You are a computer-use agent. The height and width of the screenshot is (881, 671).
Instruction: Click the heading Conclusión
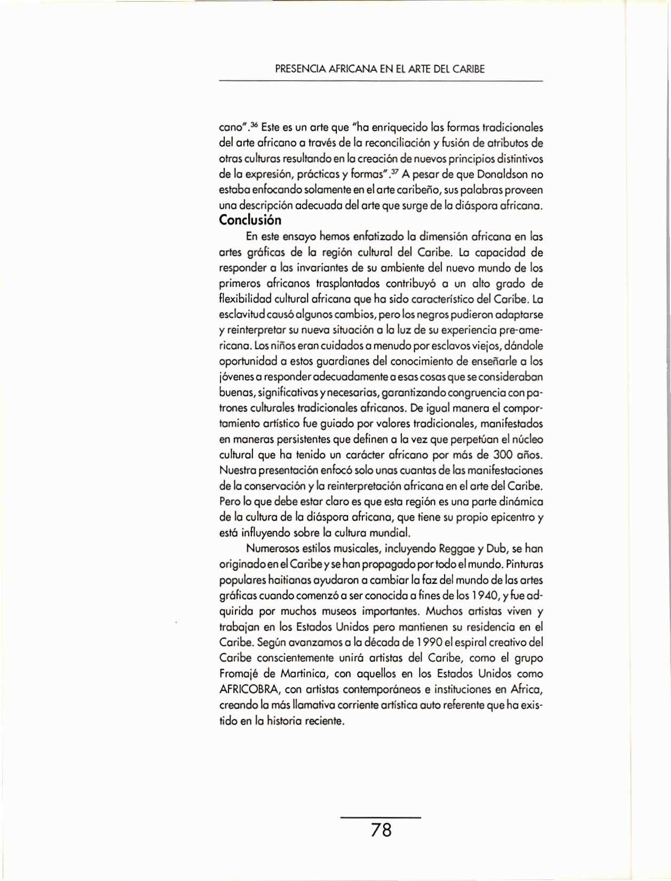250,220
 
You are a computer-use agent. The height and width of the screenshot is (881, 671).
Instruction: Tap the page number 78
381,830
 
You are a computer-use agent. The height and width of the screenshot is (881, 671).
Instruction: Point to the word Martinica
303,674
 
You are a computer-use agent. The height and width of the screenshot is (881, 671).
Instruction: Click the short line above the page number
381,817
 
